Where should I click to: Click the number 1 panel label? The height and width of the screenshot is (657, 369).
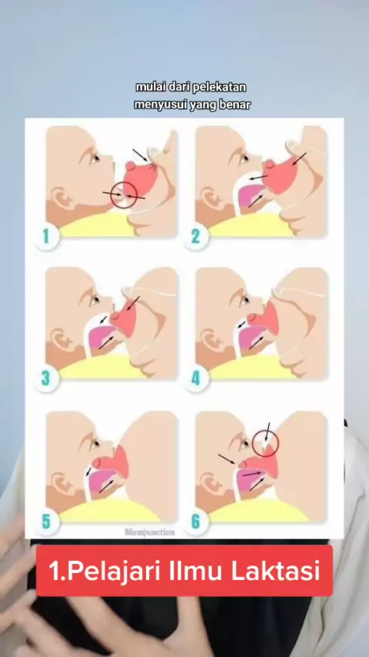pyautogui.click(x=46, y=237)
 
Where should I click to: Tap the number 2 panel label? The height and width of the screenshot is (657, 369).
pyautogui.click(x=195, y=237)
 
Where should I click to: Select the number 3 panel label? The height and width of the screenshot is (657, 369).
pyautogui.click(x=45, y=379)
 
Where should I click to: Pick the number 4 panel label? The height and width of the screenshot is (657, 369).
pyautogui.click(x=195, y=379)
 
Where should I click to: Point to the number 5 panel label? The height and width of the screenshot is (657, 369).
pyautogui.click(x=46, y=522)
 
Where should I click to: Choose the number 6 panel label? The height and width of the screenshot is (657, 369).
pyautogui.click(x=195, y=522)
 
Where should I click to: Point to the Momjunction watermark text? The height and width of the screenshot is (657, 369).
pyautogui.click(x=150, y=532)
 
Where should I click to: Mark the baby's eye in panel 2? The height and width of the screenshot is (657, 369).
pyautogui.click(x=244, y=158)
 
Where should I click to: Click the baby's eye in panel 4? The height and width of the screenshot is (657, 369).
pyautogui.click(x=245, y=300)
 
